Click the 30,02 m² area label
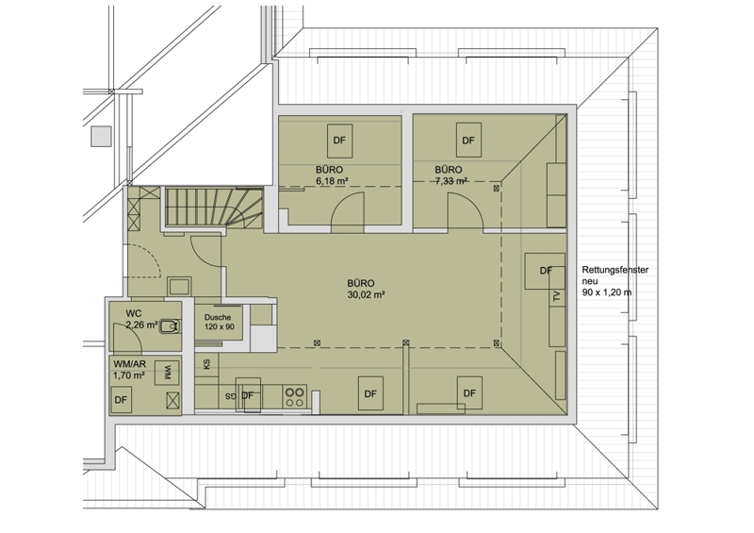tap(366, 295)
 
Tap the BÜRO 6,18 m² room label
tap(332, 175)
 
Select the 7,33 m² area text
tap(451, 181)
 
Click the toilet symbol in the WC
tap(170, 326)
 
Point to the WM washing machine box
tap(167, 374)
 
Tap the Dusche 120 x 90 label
tap(220, 322)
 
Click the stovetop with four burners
tap(294, 397)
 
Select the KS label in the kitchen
tap(206, 364)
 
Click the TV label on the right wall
tap(557, 296)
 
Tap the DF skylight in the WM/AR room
tap(122, 400)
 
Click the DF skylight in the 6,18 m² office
tap(340, 141)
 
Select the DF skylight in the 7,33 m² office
tap(468, 140)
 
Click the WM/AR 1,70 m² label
tap(129, 370)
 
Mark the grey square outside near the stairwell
tap(101, 136)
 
